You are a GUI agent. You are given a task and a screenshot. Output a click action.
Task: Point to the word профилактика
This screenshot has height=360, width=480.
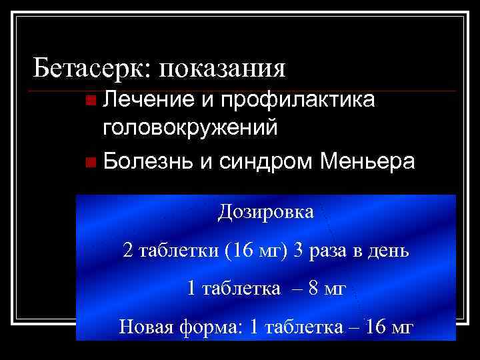[x=299, y=100]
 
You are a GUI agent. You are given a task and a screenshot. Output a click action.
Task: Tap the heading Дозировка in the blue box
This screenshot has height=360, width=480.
[x=265, y=213]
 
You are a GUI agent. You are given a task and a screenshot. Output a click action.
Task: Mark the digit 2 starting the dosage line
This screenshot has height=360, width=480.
[x=128, y=251]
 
